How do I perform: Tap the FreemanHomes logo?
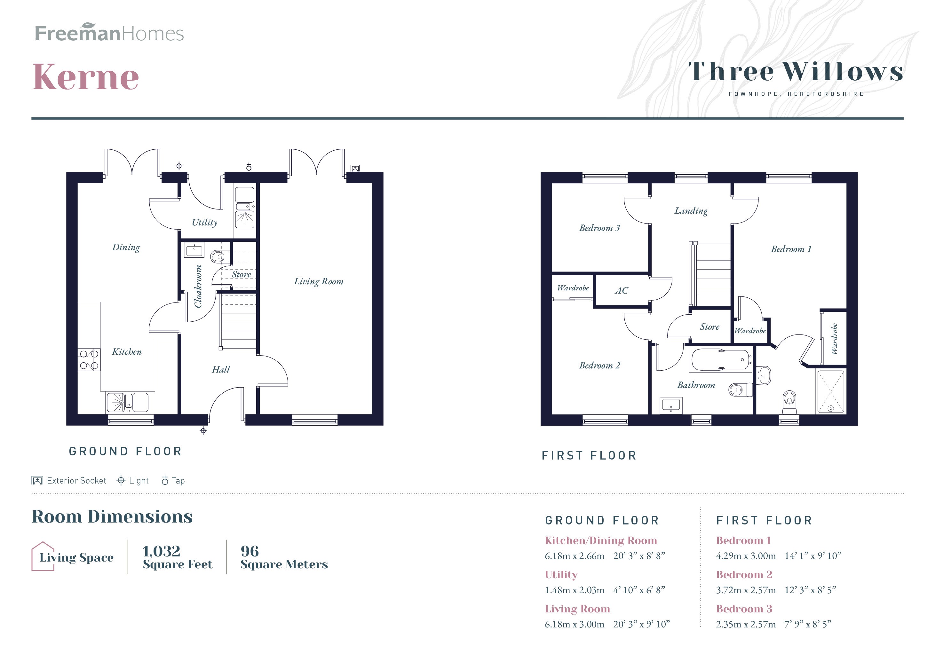pos(109,33)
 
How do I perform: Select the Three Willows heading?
pos(795,72)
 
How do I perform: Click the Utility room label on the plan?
pos(204,222)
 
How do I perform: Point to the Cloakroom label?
pos(198,286)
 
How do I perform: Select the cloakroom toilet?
pos(218,256)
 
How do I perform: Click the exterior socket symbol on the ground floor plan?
pos(355,168)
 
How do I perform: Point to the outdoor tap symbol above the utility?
pos(249,167)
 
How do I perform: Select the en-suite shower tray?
pos(830,391)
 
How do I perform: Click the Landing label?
pos(691,211)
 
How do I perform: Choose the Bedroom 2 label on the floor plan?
pos(599,366)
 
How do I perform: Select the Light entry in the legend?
pos(133,481)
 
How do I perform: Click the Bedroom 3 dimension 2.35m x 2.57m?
pos(746,624)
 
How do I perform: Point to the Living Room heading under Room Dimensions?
pos(577,609)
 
